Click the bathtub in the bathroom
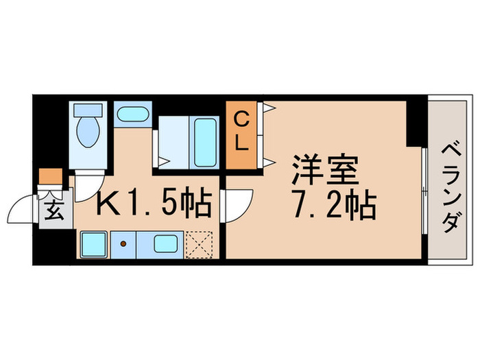pyautogui.click(x=205, y=143)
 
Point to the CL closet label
pyautogui.click(x=241, y=133)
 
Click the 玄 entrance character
pyautogui.click(x=55, y=210)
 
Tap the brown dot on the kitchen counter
pyautogui.click(x=124, y=243)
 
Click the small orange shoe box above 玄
pyautogui.click(x=49, y=176)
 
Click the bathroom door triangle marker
pyautogui.click(x=163, y=162)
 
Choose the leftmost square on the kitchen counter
pyautogui.click(x=92, y=243)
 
